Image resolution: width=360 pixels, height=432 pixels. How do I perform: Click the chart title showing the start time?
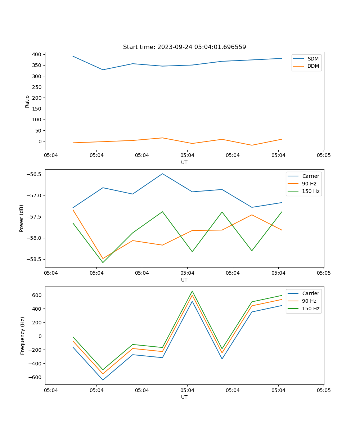[x=184, y=47]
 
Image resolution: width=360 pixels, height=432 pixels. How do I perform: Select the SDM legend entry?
[x=313, y=59]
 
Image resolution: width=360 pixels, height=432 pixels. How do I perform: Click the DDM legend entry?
[x=313, y=66]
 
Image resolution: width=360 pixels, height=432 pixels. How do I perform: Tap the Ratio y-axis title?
[x=27, y=102]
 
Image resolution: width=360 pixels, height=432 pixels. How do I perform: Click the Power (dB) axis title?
[x=22, y=218]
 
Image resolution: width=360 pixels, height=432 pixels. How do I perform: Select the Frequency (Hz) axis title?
[x=23, y=336]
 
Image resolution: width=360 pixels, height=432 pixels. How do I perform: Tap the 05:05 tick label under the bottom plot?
[x=323, y=390]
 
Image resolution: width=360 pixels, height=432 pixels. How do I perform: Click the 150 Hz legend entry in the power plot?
[x=311, y=191]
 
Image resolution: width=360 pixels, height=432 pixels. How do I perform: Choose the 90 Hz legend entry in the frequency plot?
[x=309, y=301]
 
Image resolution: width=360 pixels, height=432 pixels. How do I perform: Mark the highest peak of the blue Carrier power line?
[x=162, y=174]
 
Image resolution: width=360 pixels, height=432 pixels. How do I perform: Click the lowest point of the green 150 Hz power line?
[x=103, y=262]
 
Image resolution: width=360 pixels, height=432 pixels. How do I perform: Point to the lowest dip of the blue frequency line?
[x=103, y=380]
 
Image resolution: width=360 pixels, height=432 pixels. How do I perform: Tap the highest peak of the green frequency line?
[x=192, y=291]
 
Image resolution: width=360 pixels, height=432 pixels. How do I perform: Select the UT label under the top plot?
[x=184, y=162]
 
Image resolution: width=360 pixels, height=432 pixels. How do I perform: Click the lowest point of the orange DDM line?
[x=252, y=145]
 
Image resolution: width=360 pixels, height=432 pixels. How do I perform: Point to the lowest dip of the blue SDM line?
[x=103, y=70]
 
